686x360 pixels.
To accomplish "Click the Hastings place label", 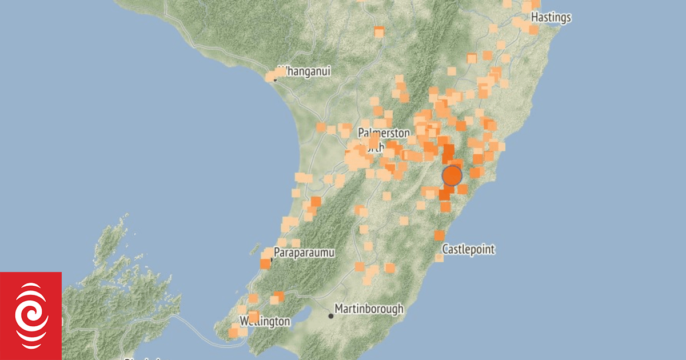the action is pyautogui.click(x=551, y=18).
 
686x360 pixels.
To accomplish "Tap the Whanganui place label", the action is pyautogui.click(x=304, y=71).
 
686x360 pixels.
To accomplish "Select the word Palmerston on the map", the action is pyautogui.click(x=384, y=133).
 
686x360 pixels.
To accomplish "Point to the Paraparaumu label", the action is pyautogui.click(x=304, y=252).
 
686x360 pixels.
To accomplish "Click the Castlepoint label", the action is pyautogui.click(x=468, y=250).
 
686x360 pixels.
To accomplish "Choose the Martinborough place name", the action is pyautogui.click(x=369, y=309).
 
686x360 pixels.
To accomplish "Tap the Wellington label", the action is pyautogui.click(x=265, y=321).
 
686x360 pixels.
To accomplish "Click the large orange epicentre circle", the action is pyautogui.click(x=452, y=175).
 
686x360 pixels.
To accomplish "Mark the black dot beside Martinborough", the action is pyautogui.click(x=330, y=315).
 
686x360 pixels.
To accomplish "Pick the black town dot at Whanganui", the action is pyautogui.click(x=275, y=78).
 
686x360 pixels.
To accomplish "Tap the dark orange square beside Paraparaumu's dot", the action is pyautogui.click(x=265, y=263).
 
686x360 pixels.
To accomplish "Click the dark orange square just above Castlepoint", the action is pyautogui.click(x=439, y=235).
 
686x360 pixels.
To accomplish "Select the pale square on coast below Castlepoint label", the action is pyautogui.click(x=439, y=258).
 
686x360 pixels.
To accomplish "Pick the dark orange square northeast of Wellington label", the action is pyautogui.click(x=279, y=296).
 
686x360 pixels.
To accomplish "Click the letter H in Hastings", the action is pyautogui.click(x=534, y=18).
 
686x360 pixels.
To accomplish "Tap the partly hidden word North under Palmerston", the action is pyautogui.click(x=374, y=148).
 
